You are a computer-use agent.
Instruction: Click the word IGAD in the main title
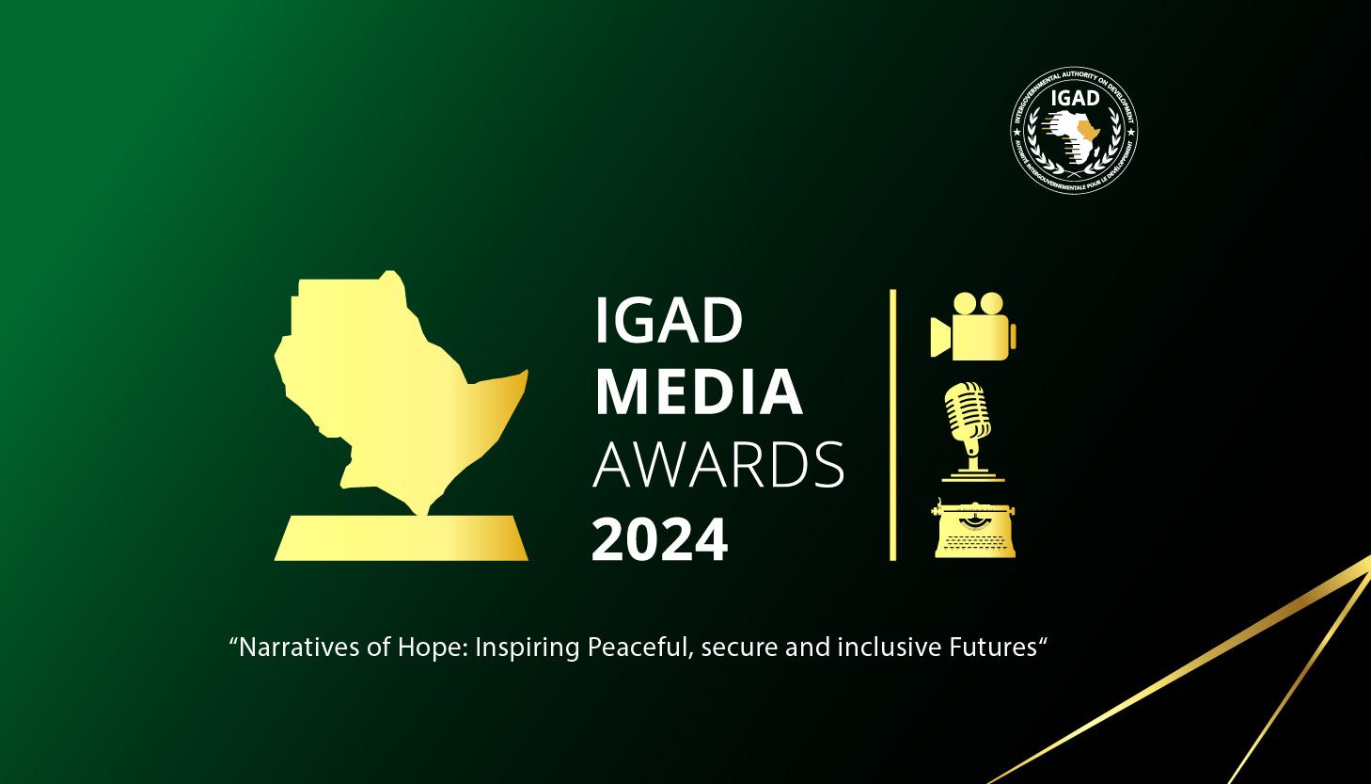(x=669, y=322)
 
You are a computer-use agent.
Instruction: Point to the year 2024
(x=659, y=539)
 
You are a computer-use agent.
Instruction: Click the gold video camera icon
(x=973, y=327)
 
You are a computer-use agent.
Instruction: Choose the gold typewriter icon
(x=974, y=529)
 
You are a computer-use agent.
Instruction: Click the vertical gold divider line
(x=892, y=424)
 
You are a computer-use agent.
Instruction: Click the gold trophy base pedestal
(x=402, y=537)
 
